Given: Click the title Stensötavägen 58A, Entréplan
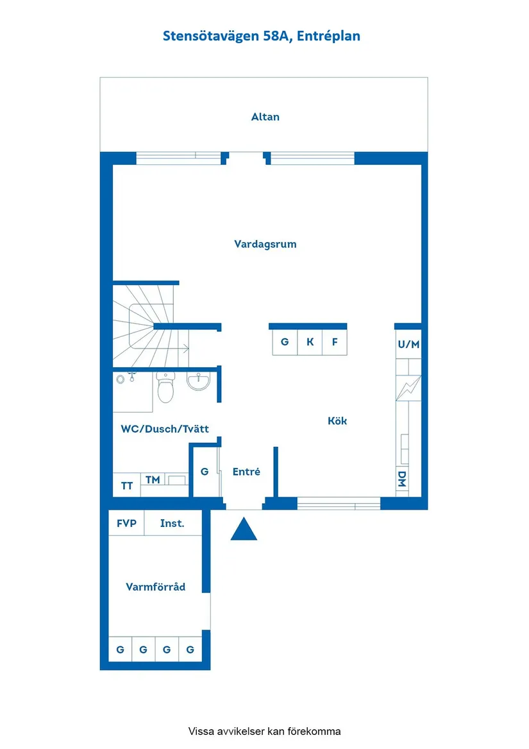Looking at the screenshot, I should point(262,36).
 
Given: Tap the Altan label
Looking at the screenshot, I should point(265,117).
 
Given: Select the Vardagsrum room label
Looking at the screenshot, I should point(265,244).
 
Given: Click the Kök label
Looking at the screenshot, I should point(337,421).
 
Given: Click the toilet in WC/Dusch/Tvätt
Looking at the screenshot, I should point(165,388).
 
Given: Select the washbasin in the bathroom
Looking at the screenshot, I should point(199,382).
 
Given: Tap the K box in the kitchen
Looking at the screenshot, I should point(310,342).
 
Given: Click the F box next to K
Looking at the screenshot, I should point(334,342).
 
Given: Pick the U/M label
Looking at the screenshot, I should point(408,345).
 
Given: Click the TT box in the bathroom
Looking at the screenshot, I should point(127,486).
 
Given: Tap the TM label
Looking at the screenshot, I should point(153,479).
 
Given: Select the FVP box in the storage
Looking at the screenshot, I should point(126,523).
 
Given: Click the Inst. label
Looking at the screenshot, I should point(172,523).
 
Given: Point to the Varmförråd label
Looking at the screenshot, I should point(155,587).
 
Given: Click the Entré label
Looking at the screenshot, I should point(246,472).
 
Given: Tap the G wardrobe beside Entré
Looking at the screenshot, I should point(205,472).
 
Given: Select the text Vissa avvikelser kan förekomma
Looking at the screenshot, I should point(264,731).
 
